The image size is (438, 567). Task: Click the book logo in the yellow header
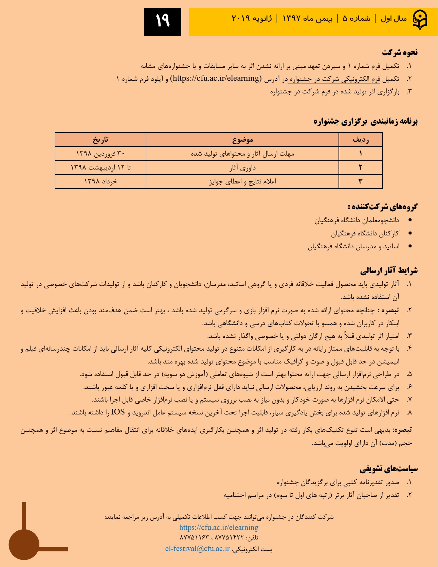(x=419, y=20)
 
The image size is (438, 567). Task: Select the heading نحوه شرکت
(x=400, y=52)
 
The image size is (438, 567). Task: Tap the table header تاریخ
(x=101, y=140)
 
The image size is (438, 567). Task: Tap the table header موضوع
(x=242, y=140)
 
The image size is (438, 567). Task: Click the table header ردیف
(x=361, y=140)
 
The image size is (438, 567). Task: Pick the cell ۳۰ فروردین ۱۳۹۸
(x=101, y=154)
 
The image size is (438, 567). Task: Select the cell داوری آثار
(x=242, y=167)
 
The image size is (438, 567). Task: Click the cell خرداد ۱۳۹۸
(x=101, y=181)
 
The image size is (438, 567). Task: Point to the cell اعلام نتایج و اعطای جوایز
(x=242, y=181)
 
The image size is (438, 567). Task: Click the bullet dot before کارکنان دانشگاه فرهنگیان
(x=410, y=233)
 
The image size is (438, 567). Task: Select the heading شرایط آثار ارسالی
(x=389, y=271)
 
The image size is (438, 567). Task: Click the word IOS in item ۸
(x=118, y=412)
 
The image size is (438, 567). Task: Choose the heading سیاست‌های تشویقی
(x=389, y=469)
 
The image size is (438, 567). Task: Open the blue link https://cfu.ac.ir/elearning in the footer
(x=219, y=527)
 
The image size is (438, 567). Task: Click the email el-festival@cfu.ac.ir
(x=197, y=549)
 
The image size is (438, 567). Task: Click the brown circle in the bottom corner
(x=24, y=545)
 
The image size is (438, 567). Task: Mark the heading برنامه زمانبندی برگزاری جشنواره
(x=365, y=121)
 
